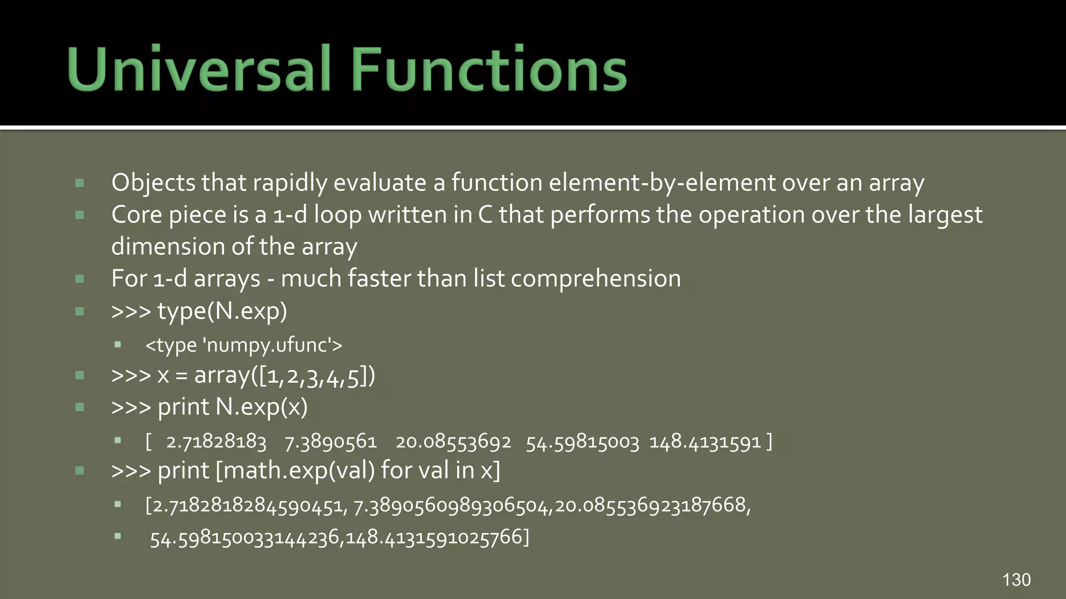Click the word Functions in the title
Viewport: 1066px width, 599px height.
pyautogui.click(x=489, y=69)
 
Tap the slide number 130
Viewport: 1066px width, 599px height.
pyautogui.click(x=1016, y=580)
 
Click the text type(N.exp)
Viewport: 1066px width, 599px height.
pyautogui.click(x=222, y=311)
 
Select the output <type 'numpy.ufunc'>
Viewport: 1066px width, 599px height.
pyautogui.click(x=244, y=345)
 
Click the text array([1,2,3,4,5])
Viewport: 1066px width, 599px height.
pyautogui.click(x=284, y=375)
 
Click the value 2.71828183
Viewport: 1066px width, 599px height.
pyautogui.click(x=216, y=442)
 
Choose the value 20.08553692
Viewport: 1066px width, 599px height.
pyautogui.click(x=453, y=442)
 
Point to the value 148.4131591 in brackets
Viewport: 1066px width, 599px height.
pyautogui.click(x=705, y=442)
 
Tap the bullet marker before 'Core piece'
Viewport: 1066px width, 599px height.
pyautogui.click(x=80, y=215)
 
